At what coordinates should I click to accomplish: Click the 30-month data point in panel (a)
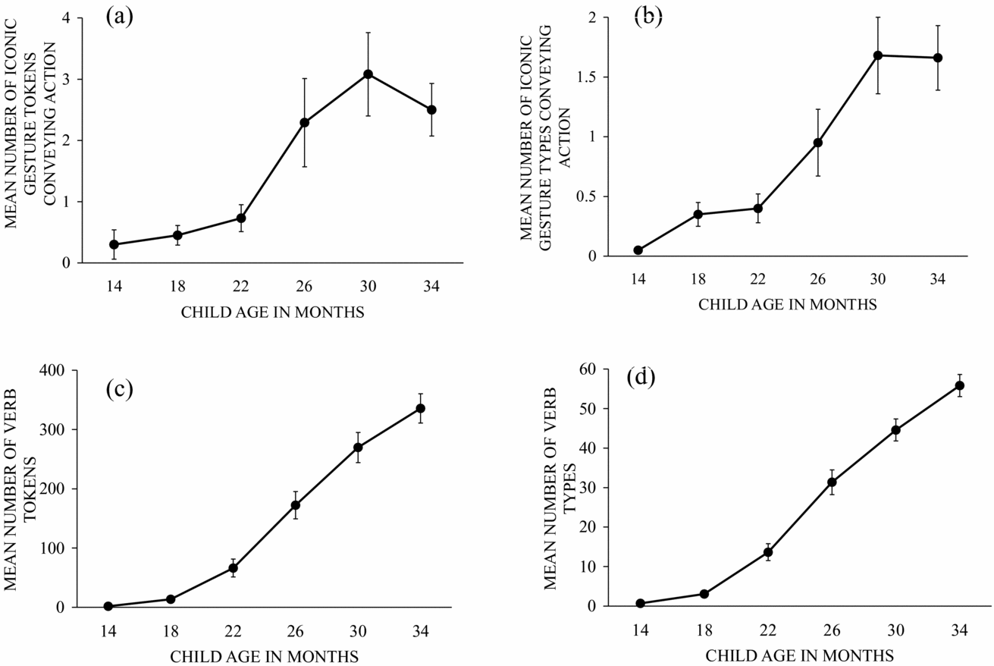click(368, 74)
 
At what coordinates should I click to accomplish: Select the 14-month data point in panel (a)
click(114, 244)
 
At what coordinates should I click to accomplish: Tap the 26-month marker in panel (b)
click(818, 143)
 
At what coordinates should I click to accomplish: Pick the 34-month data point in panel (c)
click(420, 408)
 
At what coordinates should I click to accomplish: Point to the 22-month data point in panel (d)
click(768, 552)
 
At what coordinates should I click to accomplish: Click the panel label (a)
click(119, 17)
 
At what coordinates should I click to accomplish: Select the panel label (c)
click(119, 389)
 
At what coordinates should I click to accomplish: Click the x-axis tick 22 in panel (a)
click(240, 285)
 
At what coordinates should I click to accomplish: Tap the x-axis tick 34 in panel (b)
click(938, 279)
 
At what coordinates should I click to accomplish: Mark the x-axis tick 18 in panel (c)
click(171, 631)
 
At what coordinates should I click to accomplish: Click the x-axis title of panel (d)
click(800, 654)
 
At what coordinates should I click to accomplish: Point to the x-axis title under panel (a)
click(273, 313)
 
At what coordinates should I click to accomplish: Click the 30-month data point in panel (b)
click(878, 55)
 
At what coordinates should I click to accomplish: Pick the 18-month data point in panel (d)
click(704, 594)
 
